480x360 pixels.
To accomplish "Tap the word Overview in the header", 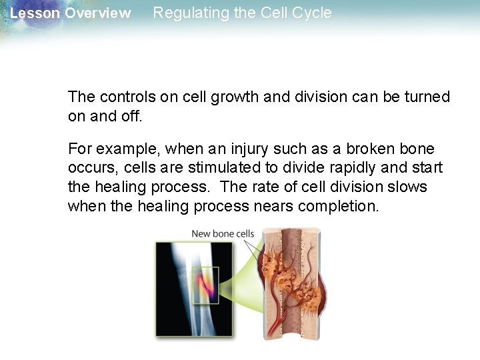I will point(97,13).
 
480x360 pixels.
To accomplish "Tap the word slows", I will point(408,186).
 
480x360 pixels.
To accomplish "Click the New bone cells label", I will point(223,233).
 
